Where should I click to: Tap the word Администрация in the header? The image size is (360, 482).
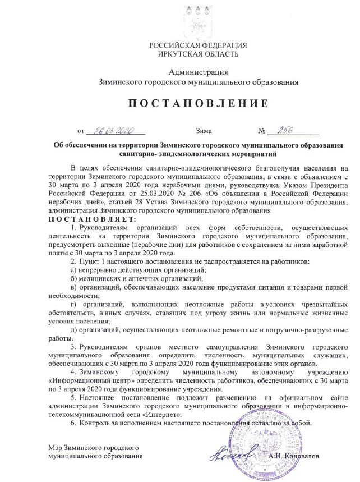point(198,72)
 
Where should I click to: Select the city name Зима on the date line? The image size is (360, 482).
point(204,132)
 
